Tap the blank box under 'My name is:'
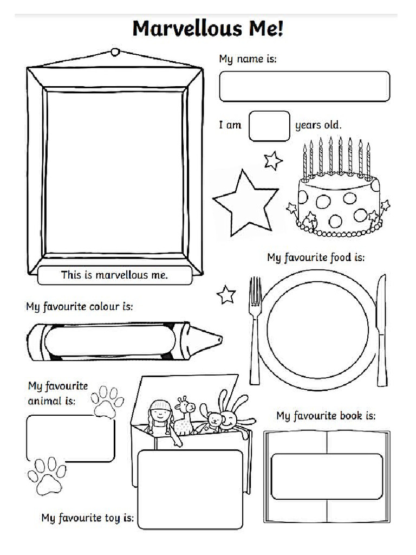(x=304, y=86)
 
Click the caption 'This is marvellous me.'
(x=114, y=275)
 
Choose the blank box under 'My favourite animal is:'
(x=70, y=438)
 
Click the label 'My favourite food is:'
(x=316, y=257)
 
